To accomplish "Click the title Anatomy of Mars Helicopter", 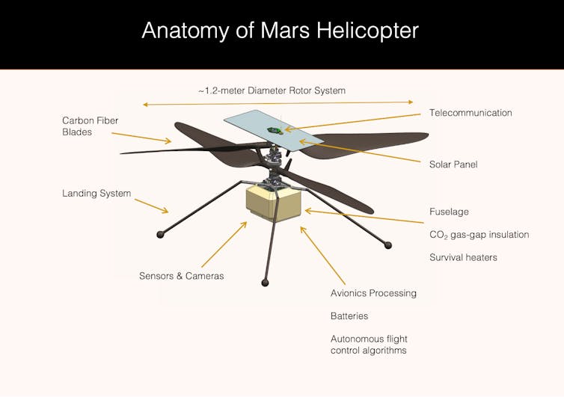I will click(x=281, y=31).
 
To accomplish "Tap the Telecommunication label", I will click(x=470, y=113).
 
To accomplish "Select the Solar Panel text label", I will click(x=453, y=164).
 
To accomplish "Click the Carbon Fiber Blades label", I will click(x=90, y=126).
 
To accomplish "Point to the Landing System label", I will click(x=96, y=194).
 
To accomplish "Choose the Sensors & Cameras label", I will click(x=181, y=276).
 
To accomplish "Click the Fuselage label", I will click(x=449, y=212).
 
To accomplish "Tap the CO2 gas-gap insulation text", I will click(x=479, y=235).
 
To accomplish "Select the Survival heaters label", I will click(x=463, y=257).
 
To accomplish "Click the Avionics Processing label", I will click(x=373, y=293).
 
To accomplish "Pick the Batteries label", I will click(x=349, y=316).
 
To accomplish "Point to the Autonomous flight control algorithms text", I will click(x=369, y=345).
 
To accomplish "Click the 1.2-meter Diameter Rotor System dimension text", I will click(x=272, y=90).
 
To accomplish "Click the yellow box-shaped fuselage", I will click(x=274, y=203).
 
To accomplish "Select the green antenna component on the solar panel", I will click(x=275, y=131).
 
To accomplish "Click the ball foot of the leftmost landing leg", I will click(x=160, y=235).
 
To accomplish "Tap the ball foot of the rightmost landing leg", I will click(x=387, y=244).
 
